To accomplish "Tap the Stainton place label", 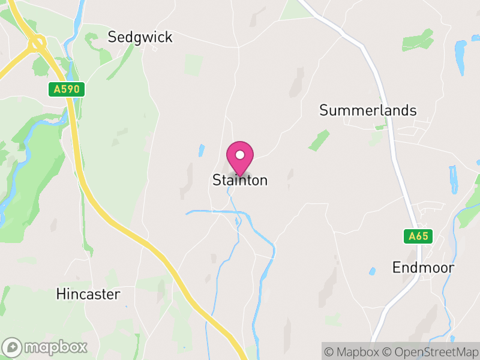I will [240, 180].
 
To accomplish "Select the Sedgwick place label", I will [140, 37].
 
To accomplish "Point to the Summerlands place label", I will [368, 110].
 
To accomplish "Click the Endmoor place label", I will [423, 268].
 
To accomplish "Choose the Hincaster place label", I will [88, 294].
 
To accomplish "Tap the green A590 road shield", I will [67, 90].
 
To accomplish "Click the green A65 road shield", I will [418, 236].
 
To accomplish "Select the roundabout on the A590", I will [38, 43].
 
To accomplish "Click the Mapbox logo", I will [46, 347].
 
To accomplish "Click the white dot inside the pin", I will [240, 155].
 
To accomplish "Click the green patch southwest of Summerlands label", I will [319, 140].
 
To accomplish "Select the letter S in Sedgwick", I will [112, 37].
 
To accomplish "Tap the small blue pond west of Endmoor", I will [373, 271].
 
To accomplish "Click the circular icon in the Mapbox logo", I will [13, 347].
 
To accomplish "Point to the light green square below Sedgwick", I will [193, 65].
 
